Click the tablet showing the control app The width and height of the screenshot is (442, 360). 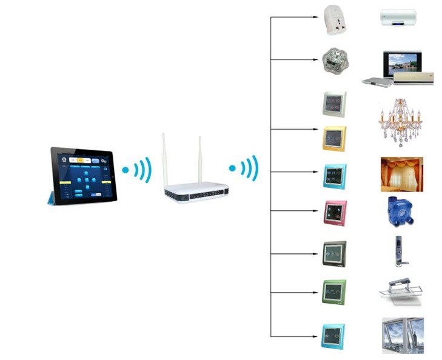84,175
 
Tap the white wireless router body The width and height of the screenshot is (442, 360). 196,192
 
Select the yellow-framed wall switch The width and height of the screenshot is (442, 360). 334,139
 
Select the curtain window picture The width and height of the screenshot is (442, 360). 401,175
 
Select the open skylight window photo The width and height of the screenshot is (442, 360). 403,335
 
